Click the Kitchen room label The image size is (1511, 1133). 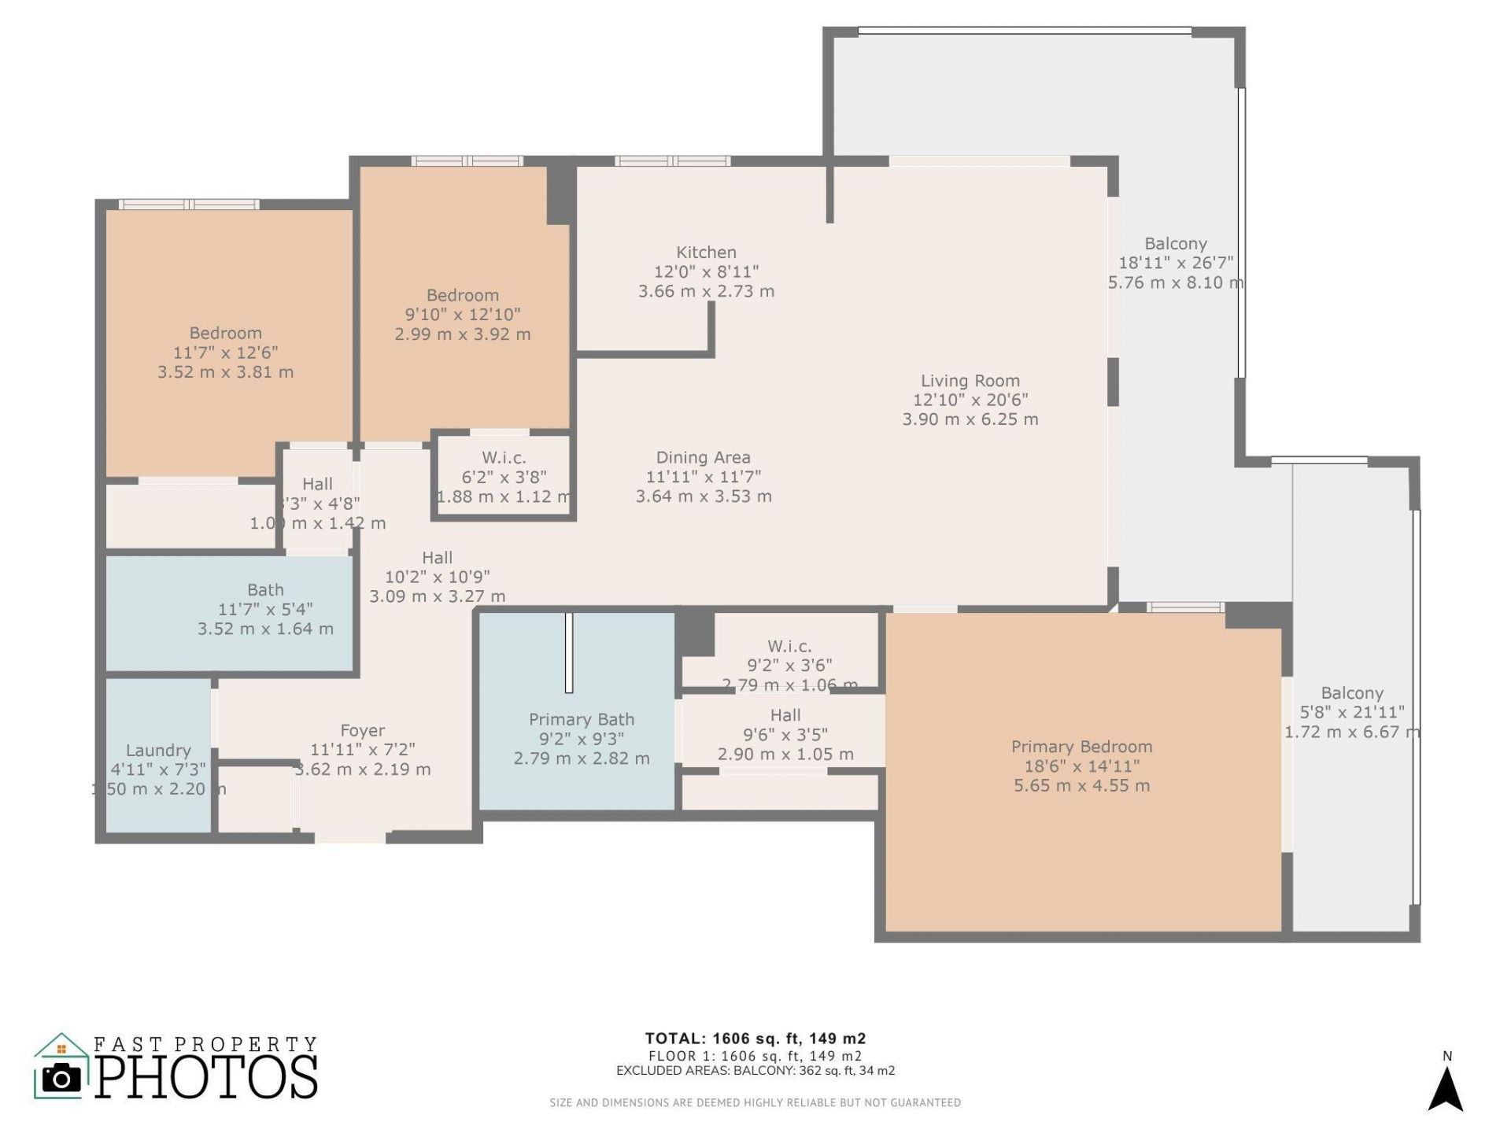coord(706,253)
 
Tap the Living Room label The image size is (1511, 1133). coord(970,381)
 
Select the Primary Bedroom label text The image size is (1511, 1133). coord(1081,747)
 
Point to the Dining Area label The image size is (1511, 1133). coord(703,458)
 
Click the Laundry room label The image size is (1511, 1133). coord(158,751)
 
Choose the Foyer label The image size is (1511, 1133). coord(362,731)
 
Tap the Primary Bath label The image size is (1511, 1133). coord(581,719)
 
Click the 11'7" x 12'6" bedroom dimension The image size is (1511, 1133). coord(225,352)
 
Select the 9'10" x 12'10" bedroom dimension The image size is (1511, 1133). coord(462,315)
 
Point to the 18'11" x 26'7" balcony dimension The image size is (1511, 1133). coord(1175,263)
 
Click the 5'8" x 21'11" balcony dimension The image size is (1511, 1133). coord(1351,713)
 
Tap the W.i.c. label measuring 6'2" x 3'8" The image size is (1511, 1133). coord(504,458)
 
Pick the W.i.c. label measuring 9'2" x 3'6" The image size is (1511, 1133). coord(789,647)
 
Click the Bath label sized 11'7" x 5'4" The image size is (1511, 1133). coord(265,590)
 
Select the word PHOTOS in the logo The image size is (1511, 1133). coord(207,1077)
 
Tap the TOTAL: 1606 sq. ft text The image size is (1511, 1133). coord(755,1039)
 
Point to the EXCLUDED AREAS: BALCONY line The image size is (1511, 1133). coord(755,1071)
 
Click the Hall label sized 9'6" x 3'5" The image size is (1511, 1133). coord(785,715)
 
